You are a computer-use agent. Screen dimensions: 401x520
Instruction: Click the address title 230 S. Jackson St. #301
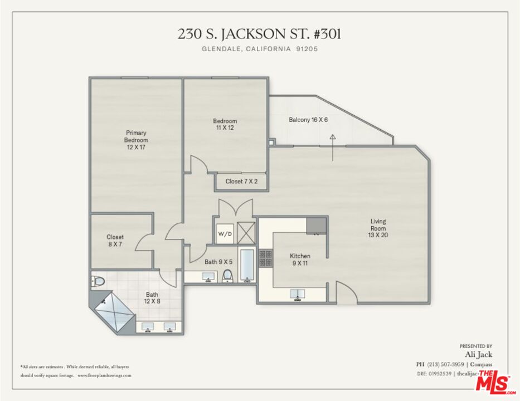(x=259, y=34)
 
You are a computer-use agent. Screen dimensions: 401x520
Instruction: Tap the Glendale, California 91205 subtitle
(x=259, y=49)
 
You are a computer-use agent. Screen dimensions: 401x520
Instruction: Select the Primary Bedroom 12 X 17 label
(x=136, y=140)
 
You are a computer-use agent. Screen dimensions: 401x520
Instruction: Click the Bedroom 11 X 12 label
(x=225, y=125)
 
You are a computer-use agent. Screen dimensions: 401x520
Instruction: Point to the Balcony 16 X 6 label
(x=308, y=120)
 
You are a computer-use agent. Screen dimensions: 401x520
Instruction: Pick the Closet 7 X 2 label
(x=241, y=182)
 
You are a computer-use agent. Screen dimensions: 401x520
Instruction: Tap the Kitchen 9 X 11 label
(x=300, y=260)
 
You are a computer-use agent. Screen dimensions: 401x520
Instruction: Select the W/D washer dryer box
(x=225, y=233)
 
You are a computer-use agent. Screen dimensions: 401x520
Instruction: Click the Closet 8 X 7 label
(x=115, y=241)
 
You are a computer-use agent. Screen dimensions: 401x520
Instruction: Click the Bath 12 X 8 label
(x=153, y=298)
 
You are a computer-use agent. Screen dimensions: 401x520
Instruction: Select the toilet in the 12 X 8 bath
(x=98, y=282)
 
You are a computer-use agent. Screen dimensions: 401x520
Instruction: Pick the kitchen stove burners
(x=266, y=258)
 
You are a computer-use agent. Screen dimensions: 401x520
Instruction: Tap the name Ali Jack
(x=478, y=354)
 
